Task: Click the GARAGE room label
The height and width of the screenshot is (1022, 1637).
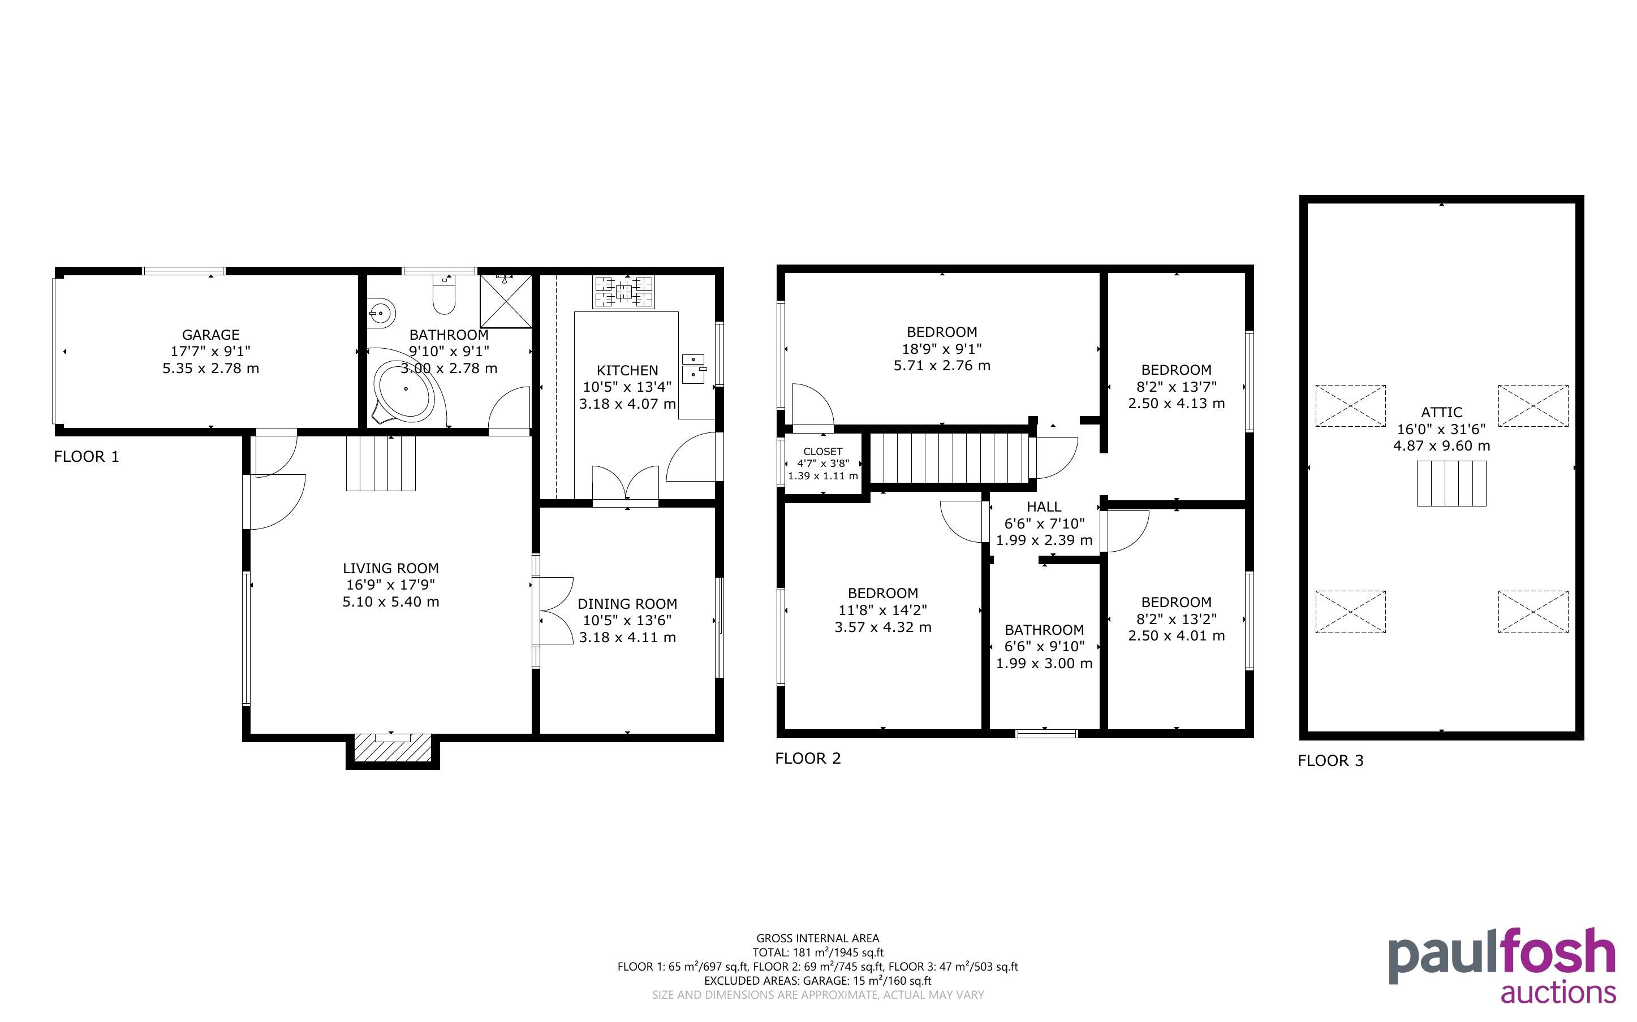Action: tap(211, 335)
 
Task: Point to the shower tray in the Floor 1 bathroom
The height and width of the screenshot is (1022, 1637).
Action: tap(506, 301)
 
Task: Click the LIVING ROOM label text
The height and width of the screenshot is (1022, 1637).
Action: tap(391, 569)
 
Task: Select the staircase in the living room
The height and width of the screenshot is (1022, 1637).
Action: tap(381, 464)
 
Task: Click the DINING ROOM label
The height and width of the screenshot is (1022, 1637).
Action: tap(627, 604)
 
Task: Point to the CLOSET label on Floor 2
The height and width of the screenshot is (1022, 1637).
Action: tap(823, 452)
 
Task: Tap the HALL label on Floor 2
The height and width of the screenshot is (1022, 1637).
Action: tap(1044, 506)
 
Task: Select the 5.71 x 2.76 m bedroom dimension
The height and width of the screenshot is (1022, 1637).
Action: tap(942, 366)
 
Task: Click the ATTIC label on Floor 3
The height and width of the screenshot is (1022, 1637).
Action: tap(1442, 412)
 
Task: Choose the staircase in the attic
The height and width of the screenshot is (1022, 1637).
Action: tap(1451, 483)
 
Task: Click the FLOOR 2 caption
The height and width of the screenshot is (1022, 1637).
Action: tap(808, 759)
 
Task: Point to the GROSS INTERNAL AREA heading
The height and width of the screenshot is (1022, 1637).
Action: tap(817, 938)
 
